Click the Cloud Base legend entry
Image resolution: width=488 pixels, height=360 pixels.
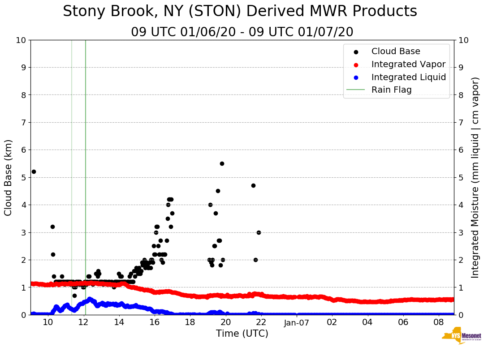coord(395,51)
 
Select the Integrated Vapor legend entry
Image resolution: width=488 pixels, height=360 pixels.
coord(408,64)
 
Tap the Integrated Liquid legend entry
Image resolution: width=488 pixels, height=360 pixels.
coord(408,77)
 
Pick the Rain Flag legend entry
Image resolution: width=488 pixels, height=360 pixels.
coord(391,90)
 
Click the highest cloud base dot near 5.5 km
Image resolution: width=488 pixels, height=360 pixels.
coord(222,163)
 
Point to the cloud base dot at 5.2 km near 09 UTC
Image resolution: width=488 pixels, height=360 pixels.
coord(34,171)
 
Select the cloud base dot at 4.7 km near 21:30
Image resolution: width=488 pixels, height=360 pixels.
coord(253,185)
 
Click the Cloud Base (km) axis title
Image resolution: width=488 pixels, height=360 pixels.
coord(9,177)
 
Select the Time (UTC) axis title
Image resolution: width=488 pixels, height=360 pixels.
coord(242,334)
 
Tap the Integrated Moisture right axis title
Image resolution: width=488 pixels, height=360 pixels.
coord(475,177)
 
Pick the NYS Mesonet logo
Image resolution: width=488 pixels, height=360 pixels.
coord(461,337)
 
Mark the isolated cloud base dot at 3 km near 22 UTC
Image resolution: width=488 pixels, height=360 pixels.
coord(259,232)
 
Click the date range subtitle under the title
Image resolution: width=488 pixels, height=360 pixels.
coord(242,32)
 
